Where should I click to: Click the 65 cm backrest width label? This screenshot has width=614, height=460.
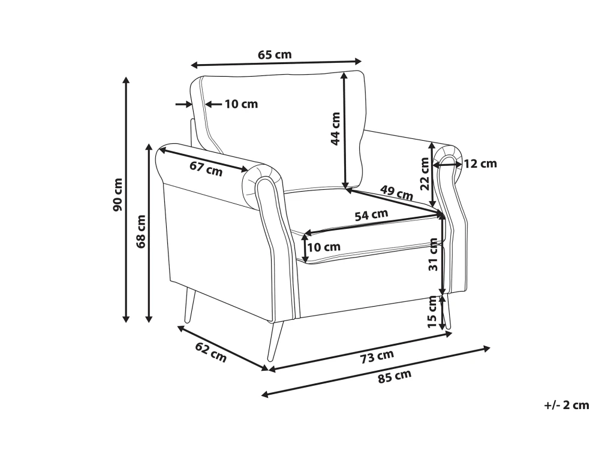pos(275,55)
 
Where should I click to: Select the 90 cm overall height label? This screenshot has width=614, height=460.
pos(118,195)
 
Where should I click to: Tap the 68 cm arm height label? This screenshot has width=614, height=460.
pos(141,231)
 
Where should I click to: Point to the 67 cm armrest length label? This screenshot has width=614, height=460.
pos(206,168)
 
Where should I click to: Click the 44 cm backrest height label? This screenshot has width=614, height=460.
pos(336,129)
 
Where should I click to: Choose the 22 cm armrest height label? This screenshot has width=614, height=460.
pos(425,173)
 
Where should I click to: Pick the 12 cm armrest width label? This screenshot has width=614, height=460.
pos(480,164)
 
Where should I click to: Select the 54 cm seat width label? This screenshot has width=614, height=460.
pos(371,215)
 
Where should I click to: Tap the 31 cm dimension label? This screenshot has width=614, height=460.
pos(433,254)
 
